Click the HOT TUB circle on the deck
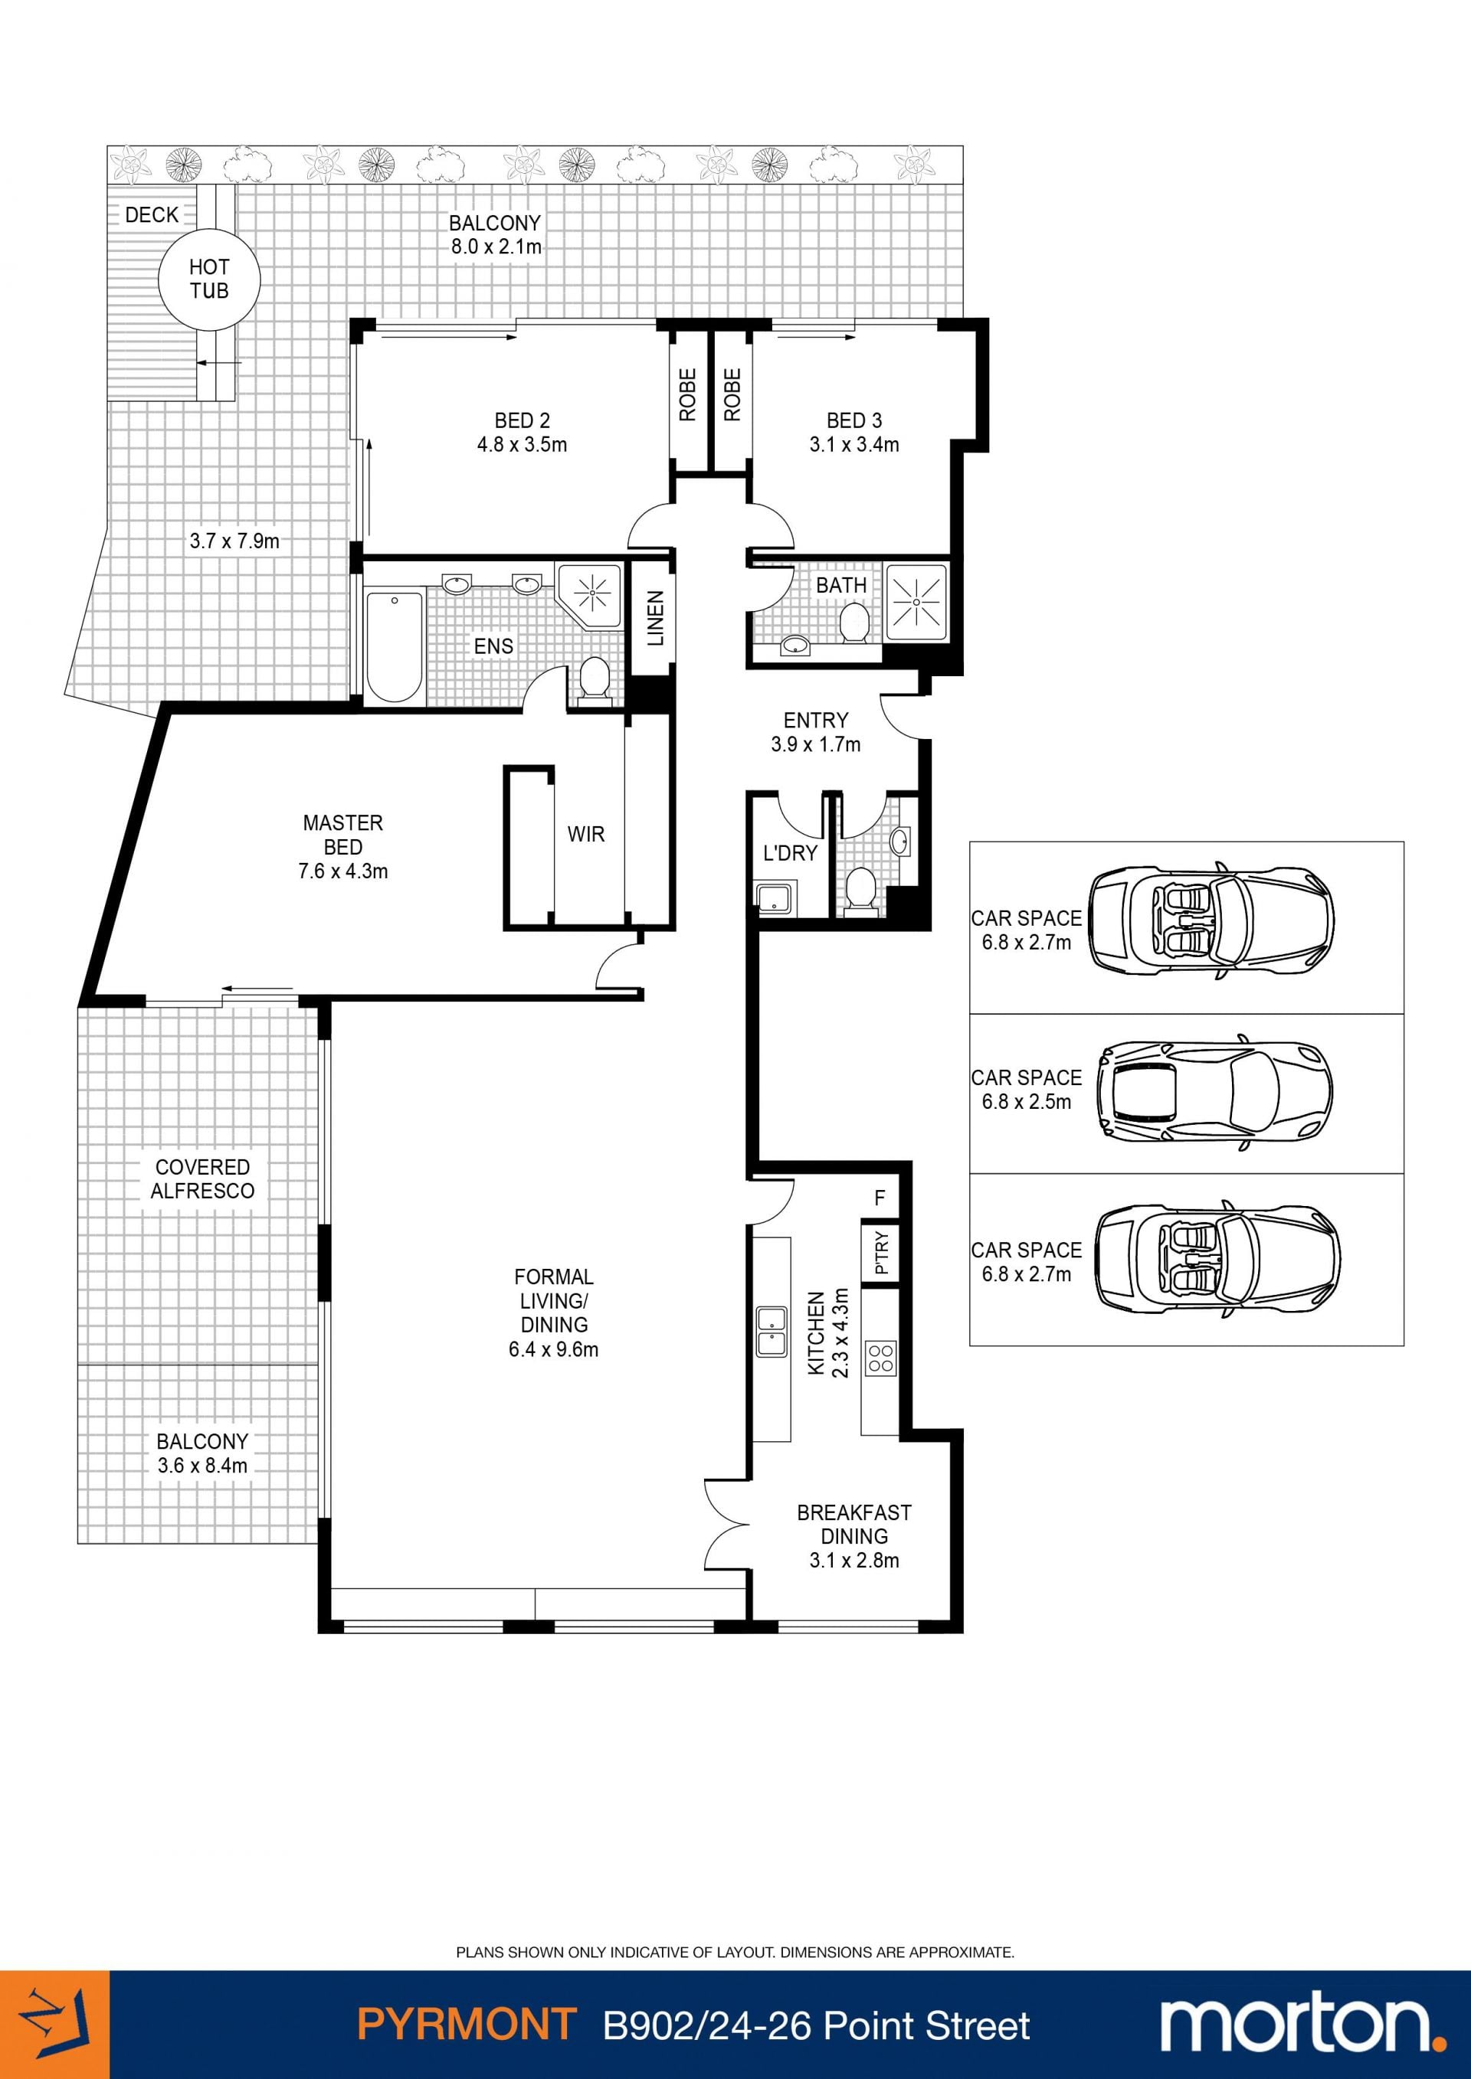[209, 278]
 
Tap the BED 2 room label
[522, 420]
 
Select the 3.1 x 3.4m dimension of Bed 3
[854, 445]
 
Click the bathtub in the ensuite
[394, 646]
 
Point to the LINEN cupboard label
[656, 619]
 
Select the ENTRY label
[816, 720]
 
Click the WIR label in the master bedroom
[586, 834]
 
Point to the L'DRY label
[790, 853]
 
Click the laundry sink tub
[775, 899]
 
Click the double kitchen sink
[772, 1331]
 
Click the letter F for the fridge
[880, 1198]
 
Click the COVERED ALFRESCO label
[203, 1179]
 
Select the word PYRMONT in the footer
[467, 2025]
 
